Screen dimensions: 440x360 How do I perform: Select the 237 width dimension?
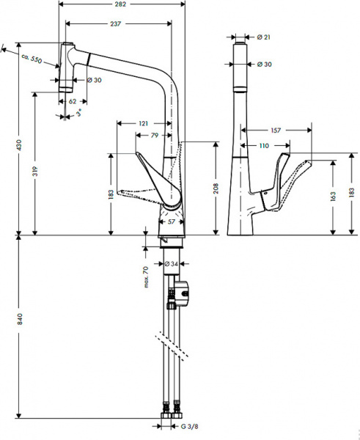click(116, 24)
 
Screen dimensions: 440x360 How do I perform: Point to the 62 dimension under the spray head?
click(72, 102)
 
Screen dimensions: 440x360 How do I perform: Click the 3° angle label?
click(78, 114)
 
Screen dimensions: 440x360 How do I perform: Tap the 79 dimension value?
click(155, 135)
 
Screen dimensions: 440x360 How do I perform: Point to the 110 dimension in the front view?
click(263, 145)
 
